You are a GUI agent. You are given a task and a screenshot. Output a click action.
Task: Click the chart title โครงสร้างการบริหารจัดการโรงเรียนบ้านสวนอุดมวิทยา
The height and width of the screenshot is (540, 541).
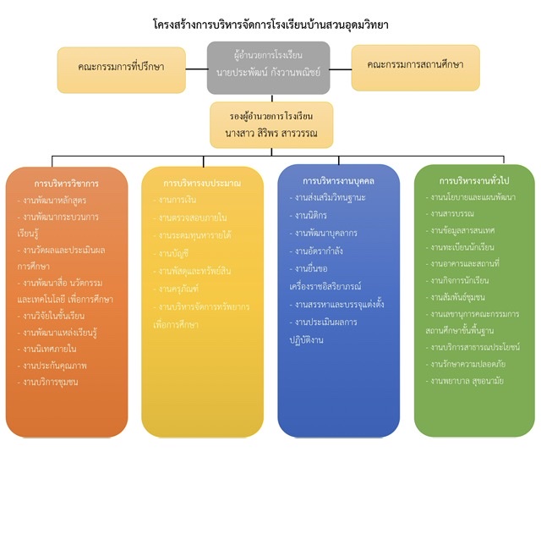(x=270, y=25)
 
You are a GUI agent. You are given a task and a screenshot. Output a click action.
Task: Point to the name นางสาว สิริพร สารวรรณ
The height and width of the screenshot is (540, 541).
(x=270, y=133)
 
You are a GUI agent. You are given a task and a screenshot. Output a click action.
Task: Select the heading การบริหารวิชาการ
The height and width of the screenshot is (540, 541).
(x=67, y=183)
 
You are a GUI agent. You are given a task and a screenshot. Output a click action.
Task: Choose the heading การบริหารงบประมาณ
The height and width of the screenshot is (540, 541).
(x=201, y=183)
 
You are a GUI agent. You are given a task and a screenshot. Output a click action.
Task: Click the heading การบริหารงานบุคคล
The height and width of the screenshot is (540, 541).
(x=338, y=180)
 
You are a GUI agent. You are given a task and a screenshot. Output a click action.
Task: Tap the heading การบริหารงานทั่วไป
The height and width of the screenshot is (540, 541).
(x=474, y=181)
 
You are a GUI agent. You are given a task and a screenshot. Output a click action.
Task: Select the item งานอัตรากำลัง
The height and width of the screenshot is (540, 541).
(x=319, y=251)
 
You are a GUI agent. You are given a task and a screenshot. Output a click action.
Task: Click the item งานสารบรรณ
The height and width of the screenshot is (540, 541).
(x=452, y=213)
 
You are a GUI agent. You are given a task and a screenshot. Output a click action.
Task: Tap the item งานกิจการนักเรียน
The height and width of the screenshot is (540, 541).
(x=460, y=280)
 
